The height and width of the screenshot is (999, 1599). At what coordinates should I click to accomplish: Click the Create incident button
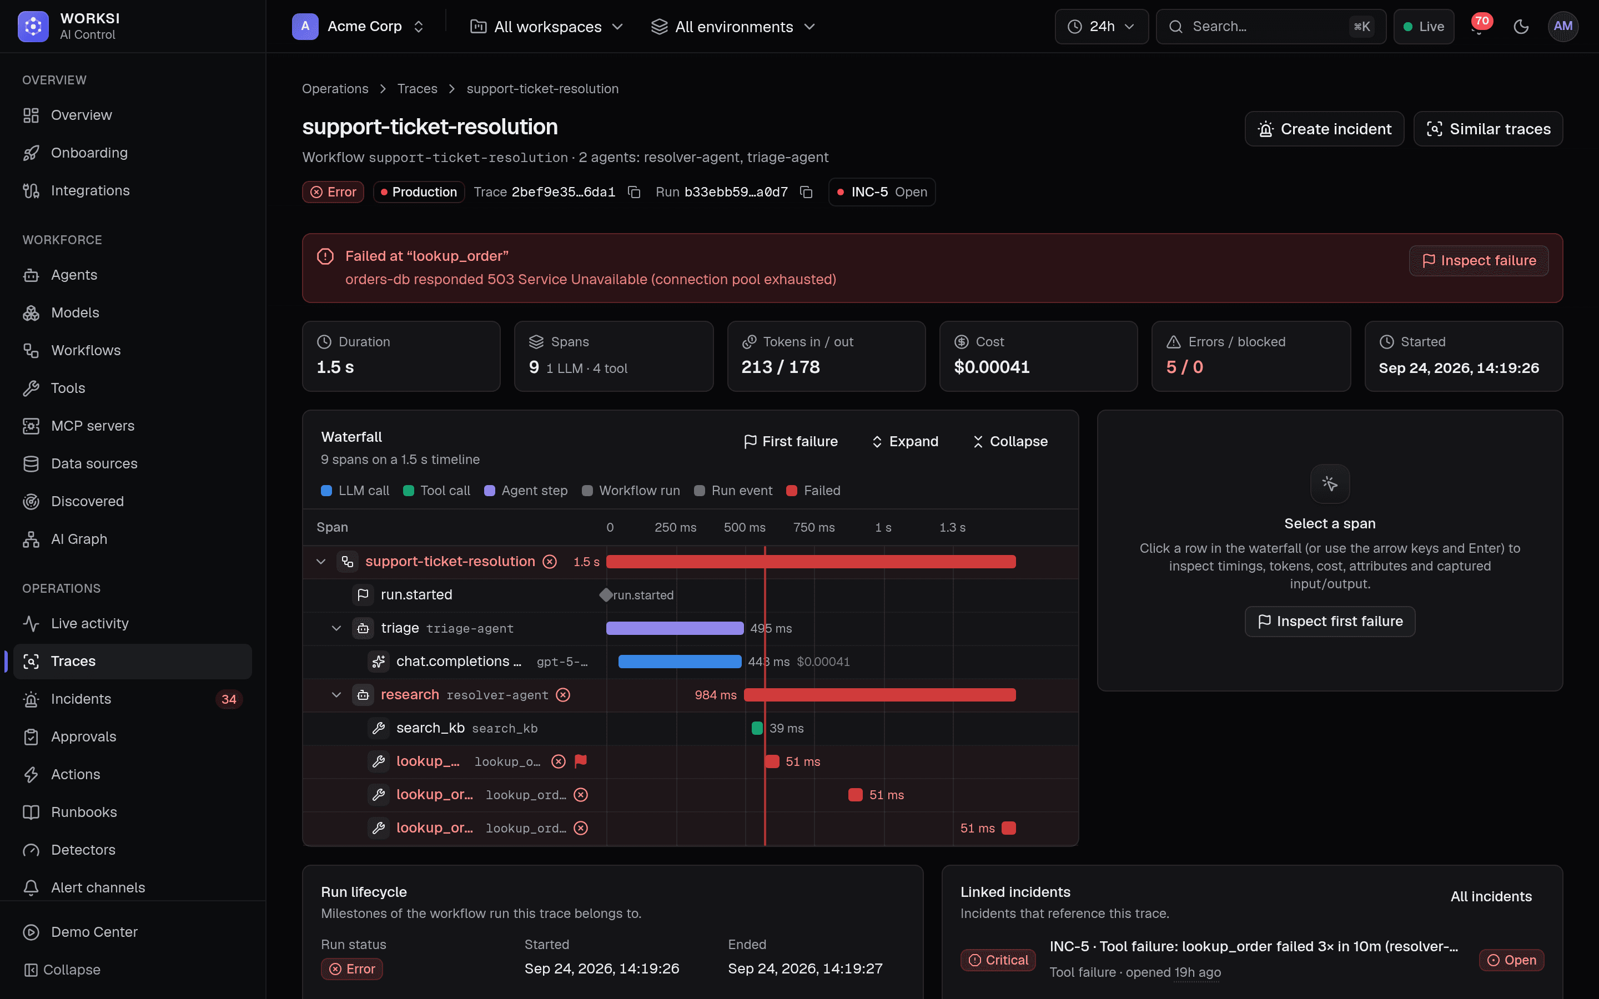(1324, 129)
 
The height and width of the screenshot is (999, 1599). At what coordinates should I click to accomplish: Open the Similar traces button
(1488, 129)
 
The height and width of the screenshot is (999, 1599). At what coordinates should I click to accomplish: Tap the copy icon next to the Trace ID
(634, 192)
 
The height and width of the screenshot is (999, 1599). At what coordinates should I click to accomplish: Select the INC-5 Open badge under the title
(882, 192)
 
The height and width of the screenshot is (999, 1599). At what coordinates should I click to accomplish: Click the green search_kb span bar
(757, 728)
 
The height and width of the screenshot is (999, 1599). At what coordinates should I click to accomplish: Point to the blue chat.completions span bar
(680, 662)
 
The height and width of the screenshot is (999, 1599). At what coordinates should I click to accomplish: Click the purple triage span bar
(675, 628)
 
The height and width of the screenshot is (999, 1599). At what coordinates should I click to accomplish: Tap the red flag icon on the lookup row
(581, 761)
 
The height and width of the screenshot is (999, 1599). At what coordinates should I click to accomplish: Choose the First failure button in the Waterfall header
(791, 441)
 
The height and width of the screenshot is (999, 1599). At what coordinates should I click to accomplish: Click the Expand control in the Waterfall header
(905, 441)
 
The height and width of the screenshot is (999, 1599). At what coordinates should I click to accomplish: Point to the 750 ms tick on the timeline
(814, 527)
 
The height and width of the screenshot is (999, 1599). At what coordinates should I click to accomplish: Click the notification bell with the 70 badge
(1479, 27)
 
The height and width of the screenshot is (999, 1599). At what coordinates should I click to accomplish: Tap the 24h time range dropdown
(1102, 27)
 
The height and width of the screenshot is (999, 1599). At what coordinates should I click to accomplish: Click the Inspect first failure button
(1330, 622)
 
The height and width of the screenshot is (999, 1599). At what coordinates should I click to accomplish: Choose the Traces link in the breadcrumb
(418, 89)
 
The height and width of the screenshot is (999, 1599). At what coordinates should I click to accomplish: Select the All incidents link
(1491, 896)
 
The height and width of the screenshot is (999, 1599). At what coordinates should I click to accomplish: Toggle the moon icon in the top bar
(1521, 27)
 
